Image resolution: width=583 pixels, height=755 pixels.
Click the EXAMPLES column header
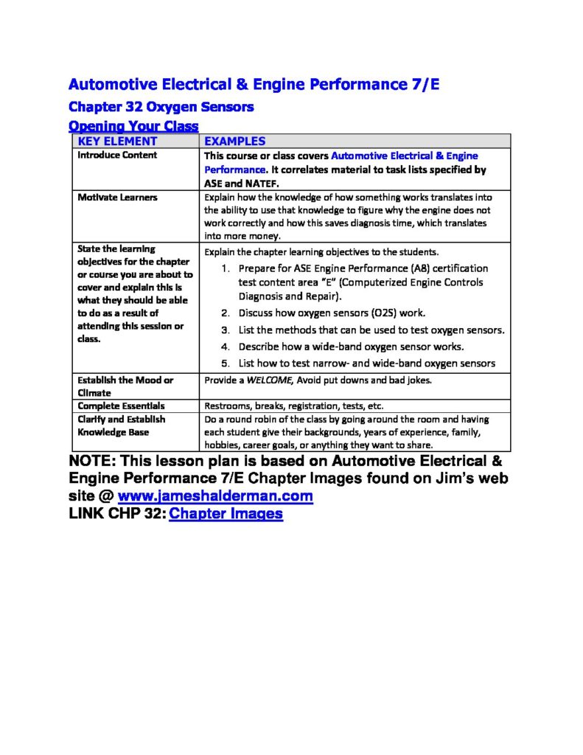(x=234, y=141)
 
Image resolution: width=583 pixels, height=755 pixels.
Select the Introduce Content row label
(x=117, y=156)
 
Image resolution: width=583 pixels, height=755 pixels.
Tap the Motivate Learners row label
(x=117, y=198)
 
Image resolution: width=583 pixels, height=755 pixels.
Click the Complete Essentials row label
(x=122, y=406)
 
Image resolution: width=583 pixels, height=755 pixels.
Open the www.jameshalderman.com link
(x=215, y=496)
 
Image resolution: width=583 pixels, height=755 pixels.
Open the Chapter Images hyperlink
(x=226, y=514)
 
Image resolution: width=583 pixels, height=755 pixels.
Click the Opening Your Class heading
(x=133, y=126)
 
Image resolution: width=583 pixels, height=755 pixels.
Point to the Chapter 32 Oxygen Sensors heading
(x=161, y=107)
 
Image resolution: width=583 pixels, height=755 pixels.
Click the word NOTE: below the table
(x=92, y=462)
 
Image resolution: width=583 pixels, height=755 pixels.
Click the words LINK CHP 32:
(x=116, y=514)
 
